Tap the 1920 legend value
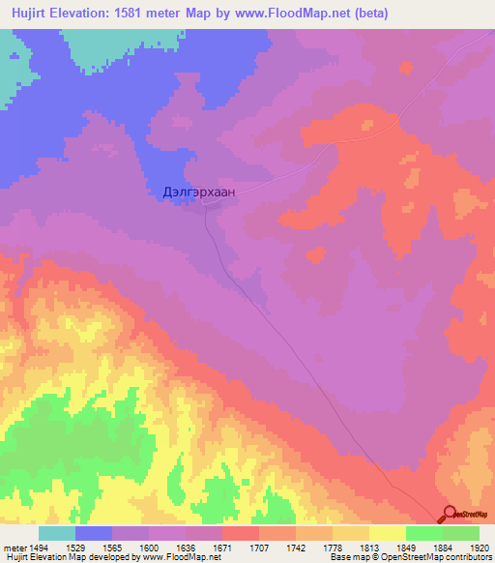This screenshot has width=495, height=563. [479, 548]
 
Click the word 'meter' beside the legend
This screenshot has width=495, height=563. [13, 548]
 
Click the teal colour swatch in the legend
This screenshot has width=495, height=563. [56, 533]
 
